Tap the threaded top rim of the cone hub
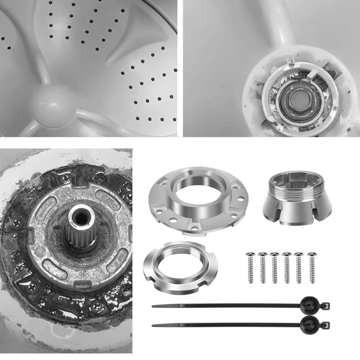(298, 182)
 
